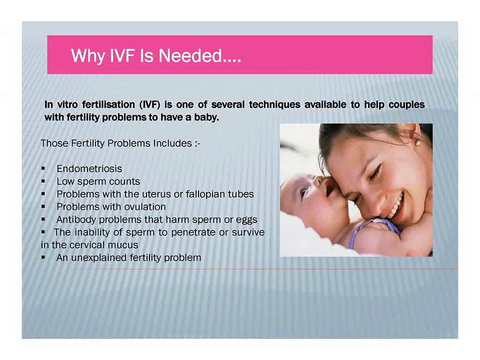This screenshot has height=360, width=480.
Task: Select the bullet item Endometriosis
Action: pyautogui.click(x=89, y=169)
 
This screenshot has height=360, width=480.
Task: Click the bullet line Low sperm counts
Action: pyautogui.click(x=98, y=181)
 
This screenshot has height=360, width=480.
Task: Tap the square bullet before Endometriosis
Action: pyautogui.click(x=44, y=169)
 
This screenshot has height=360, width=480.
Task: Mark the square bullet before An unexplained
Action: pyautogui.click(x=44, y=258)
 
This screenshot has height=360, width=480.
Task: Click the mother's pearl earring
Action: pyautogui.click(x=417, y=143)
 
